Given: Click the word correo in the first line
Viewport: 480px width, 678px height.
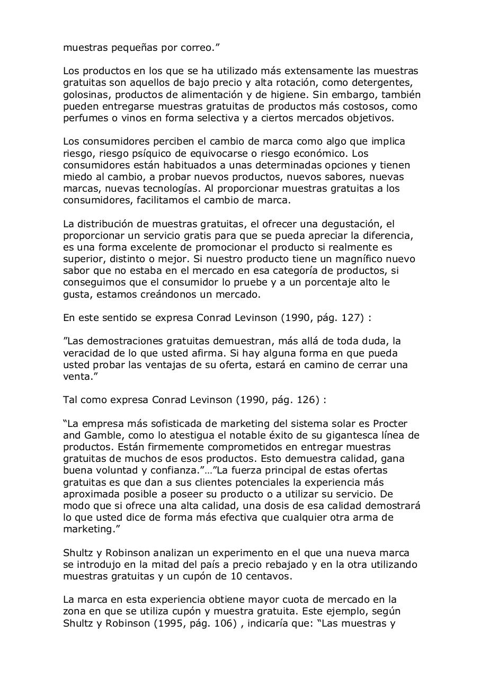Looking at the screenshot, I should tap(199, 48).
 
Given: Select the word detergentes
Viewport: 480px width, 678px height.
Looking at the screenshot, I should tap(379, 83).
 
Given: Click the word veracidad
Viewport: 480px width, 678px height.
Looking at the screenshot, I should tap(87, 353).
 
